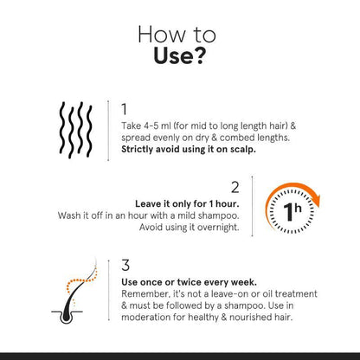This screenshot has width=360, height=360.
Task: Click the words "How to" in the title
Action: [x=179, y=35]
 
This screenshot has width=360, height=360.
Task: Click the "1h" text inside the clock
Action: [x=292, y=210]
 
